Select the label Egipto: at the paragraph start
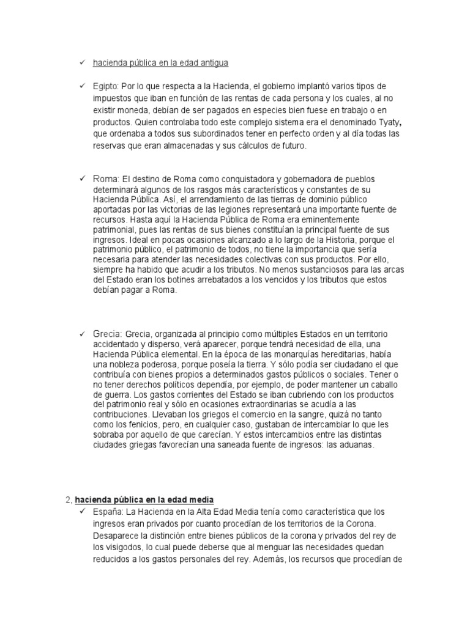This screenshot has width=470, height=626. (105, 86)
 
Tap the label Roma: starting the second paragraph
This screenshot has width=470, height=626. (106, 179)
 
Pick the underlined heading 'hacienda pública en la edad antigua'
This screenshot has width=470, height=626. (161, 63)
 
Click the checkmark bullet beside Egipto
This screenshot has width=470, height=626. (81, 86)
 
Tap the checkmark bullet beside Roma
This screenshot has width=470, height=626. (81, 179)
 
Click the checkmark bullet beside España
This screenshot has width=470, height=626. (81, 511)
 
